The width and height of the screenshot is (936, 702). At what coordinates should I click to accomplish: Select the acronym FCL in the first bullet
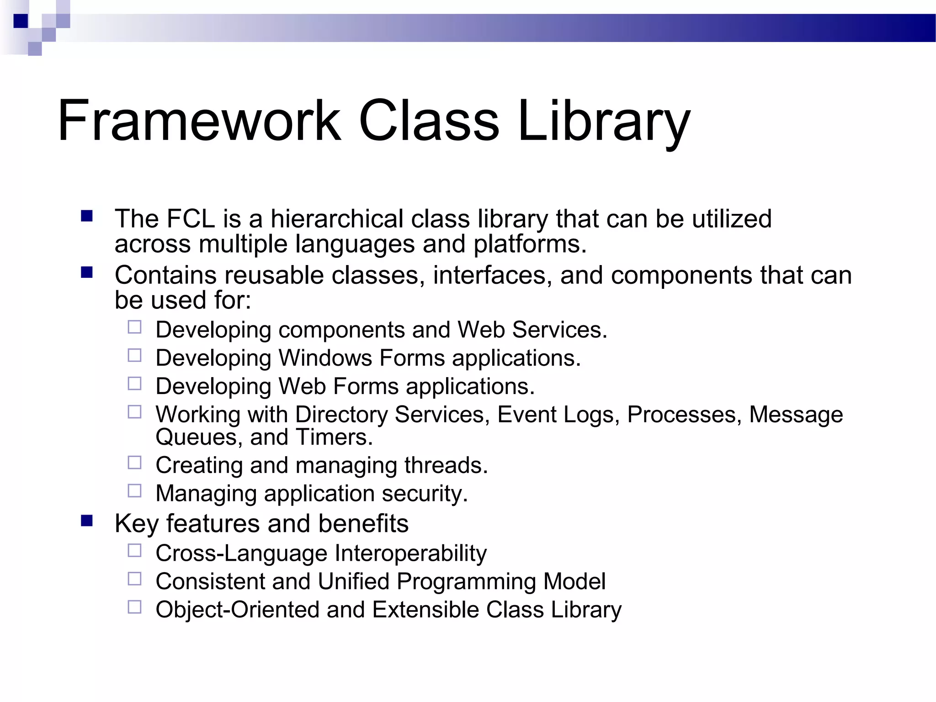[191, 218]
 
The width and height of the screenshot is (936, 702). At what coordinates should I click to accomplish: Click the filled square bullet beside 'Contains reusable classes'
[87, 273]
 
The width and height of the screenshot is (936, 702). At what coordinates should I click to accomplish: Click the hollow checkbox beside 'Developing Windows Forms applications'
[134, 356]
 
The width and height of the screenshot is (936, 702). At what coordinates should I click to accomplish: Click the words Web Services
[532, 330]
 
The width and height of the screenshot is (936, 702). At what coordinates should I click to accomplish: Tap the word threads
[446, 465]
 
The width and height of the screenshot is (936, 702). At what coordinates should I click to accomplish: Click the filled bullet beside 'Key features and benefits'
[87, 521]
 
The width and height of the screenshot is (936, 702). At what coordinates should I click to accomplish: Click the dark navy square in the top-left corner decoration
[21, 21]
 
